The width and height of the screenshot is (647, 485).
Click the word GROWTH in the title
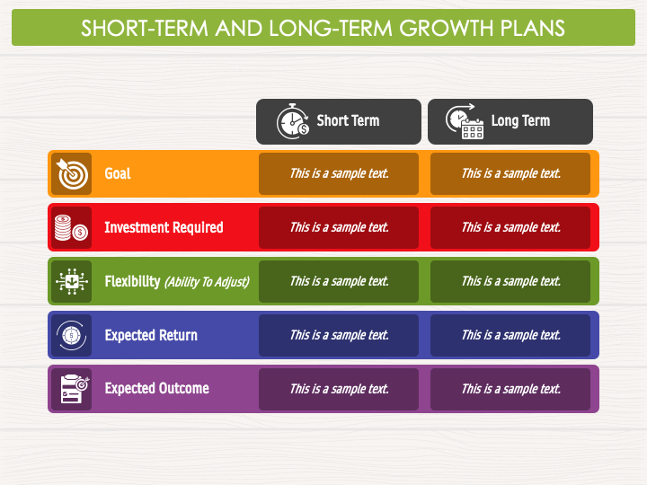tap(447, 29)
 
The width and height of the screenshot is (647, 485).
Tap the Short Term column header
tap(339, 121)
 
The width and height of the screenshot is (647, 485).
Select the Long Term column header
tap(510, 121)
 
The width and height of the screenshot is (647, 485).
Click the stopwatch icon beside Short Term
tap(293, 121)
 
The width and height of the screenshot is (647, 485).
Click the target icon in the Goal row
tap(72, 173)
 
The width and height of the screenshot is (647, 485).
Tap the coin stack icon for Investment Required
tap(71, 227)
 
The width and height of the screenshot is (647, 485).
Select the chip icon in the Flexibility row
tap(72, 281)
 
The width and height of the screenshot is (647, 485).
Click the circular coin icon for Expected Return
tap(71, 335)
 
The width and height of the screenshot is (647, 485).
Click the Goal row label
tap(118, 173)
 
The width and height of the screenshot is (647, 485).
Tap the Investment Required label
tap(164, 227)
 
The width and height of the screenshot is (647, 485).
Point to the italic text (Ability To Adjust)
tap(208, 282)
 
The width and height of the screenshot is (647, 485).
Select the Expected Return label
tap(151, 335)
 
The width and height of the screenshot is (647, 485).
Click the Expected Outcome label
tap(156, 389)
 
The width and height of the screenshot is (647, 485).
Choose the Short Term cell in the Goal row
tap(339, 173)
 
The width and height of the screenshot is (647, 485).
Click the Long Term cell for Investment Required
tap(510, 227)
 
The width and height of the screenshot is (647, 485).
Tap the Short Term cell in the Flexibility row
tap(339, 282)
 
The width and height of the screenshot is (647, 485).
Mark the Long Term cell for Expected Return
tap(510, 335)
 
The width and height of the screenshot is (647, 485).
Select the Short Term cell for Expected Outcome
tap(339, 389)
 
